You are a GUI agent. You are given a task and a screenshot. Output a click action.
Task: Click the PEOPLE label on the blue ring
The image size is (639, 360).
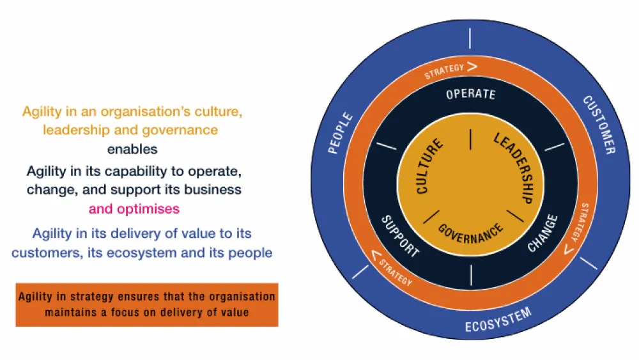click(341, 133)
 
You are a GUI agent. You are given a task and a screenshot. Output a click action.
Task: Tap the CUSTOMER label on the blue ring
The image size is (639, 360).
click(599, 125)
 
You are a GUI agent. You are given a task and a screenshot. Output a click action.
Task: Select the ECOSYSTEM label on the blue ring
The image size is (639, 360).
click(498, 321)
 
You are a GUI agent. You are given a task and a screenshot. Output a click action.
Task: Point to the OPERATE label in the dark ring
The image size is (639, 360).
click(471, 95)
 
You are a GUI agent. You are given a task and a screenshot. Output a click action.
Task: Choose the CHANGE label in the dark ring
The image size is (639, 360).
click(543, 233)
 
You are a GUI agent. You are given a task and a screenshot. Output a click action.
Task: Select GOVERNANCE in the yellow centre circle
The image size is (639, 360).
click(471, 233)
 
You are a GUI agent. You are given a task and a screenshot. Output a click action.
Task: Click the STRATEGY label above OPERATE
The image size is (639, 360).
click(445, 72)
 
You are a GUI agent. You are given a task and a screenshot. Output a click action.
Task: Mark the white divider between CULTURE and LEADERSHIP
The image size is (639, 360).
click(471, 139)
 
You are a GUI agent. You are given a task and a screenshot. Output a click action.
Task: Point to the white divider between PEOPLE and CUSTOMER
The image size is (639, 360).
click(471, 38)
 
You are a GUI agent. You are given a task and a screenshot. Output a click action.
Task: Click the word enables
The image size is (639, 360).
click(132, 149)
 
